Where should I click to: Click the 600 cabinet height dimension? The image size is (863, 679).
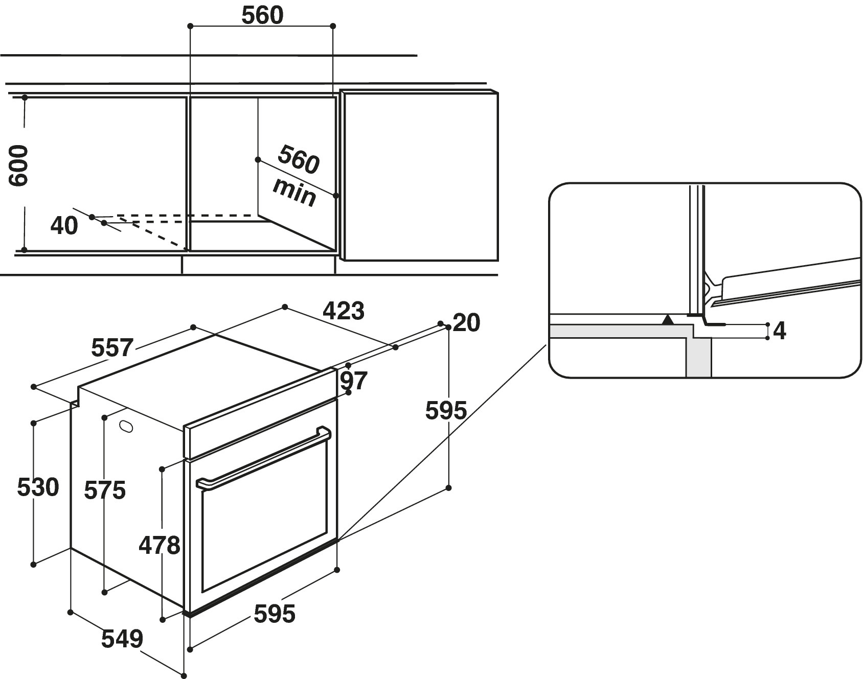19,166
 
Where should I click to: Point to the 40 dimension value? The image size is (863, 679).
64,225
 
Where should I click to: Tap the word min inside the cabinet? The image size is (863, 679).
294,192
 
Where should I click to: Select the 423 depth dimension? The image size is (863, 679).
344,310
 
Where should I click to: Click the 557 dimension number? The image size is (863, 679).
112,347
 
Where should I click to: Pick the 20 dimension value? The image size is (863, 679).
466,323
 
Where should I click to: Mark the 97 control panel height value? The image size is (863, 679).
354,381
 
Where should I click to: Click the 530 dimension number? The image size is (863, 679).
38,487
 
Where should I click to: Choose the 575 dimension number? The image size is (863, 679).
105,490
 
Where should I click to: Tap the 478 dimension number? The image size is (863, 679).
160,545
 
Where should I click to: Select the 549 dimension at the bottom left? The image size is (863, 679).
122,639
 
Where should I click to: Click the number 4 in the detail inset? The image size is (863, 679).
779,331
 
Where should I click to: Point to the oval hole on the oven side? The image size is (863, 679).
126,426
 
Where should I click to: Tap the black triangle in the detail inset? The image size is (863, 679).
667,320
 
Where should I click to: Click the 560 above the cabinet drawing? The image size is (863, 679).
262,16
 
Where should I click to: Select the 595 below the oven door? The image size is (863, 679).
275,614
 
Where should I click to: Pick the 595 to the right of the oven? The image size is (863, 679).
446,410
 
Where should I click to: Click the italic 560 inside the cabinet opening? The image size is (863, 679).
299,159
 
